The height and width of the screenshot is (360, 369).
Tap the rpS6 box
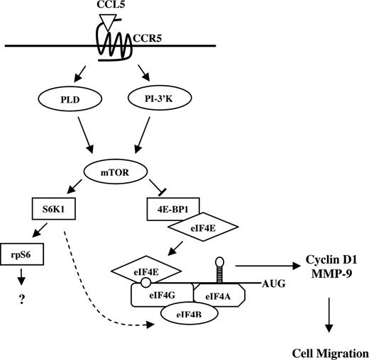point(26,250)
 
